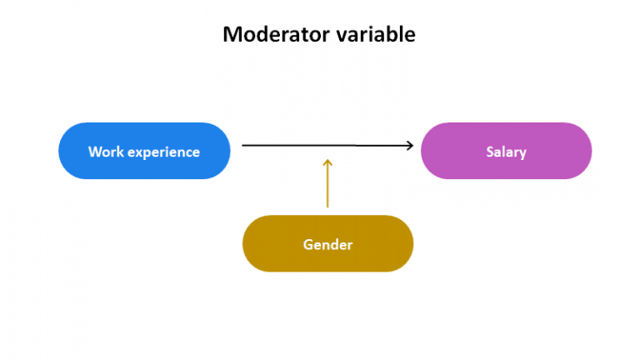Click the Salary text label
click(x=506, y=152)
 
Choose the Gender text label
click(x=327, y=244)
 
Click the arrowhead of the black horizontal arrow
click(x=408, y=146)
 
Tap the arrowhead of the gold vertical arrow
click(x=327, y=162)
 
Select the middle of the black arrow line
click(x=327, y=146)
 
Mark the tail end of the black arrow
click(x=244, y=146)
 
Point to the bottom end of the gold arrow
click(x=327, y=206)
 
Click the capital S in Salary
click(x=490, y=152)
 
